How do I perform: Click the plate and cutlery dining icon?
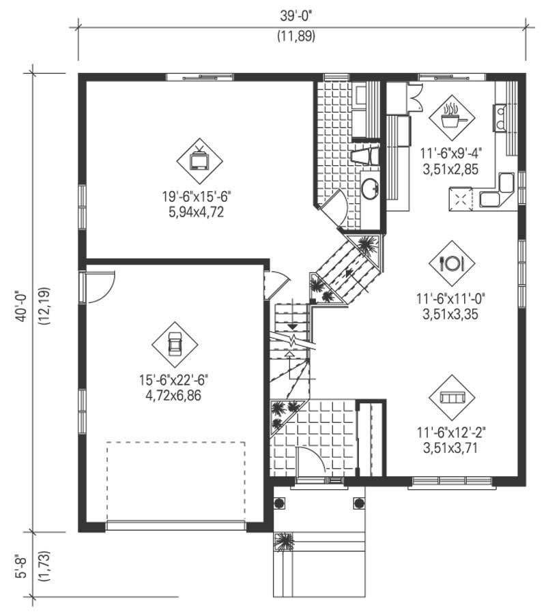(452, 263)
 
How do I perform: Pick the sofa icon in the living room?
(452, 396)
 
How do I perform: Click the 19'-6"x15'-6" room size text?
(196, 196)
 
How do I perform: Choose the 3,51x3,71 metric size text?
(452, 447)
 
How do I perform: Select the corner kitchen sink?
(497, 192)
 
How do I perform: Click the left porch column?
(279, 503)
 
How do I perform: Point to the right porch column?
(358, 503)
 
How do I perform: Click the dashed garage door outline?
(176, 482)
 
